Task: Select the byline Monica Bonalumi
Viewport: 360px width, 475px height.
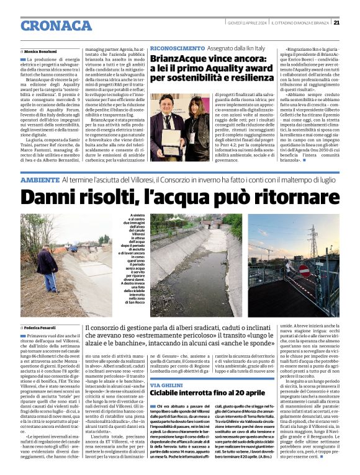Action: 41,51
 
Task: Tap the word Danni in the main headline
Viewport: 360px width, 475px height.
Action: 53,197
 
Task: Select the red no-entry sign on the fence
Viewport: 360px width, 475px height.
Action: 304,272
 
